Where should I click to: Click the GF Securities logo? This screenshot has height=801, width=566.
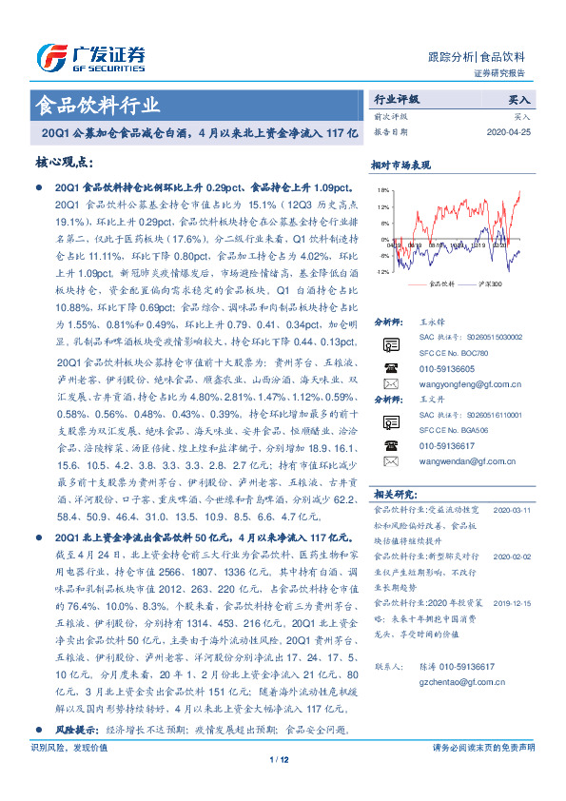click(x=90, y=58)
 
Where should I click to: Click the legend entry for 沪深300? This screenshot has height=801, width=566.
click(x=486, y=283)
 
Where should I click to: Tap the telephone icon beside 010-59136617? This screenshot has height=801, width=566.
click(x=390, y=445)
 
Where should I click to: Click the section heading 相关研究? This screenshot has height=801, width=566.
click(x=395, y=494)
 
